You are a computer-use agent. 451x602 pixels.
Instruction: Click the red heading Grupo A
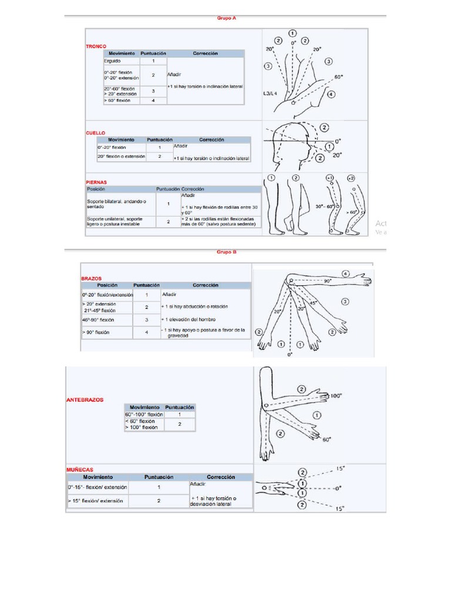227,18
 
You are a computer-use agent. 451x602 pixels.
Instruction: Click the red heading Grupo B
227,252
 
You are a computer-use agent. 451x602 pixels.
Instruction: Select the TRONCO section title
96,45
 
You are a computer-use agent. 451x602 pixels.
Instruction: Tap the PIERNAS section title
97,182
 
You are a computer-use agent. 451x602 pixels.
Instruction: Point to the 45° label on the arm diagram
314,303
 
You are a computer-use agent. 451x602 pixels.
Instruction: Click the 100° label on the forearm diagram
335,396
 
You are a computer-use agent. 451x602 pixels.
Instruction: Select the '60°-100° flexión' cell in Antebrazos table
143,414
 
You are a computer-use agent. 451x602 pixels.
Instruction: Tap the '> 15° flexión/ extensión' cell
96,501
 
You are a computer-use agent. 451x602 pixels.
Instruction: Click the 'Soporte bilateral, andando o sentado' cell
116,204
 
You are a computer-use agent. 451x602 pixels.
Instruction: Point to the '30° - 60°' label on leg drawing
324,206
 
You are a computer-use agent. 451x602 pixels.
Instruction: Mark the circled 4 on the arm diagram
346,273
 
